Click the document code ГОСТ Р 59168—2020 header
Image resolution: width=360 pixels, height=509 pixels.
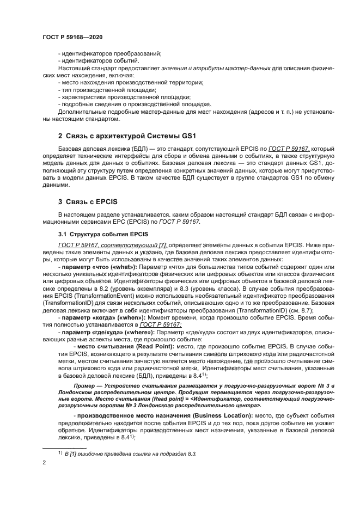click(72, 37)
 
